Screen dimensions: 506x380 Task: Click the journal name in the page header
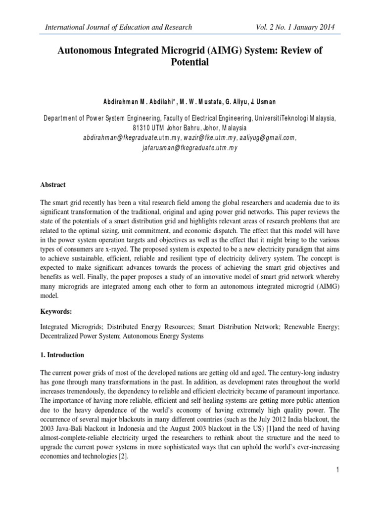pos(119,27)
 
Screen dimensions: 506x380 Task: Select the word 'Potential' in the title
pos(190,63)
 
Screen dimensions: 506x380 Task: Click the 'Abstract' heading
pos(52,185)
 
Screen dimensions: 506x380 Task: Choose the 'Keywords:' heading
pos(55,312)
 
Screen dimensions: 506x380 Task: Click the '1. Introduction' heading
pos(62,355)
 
